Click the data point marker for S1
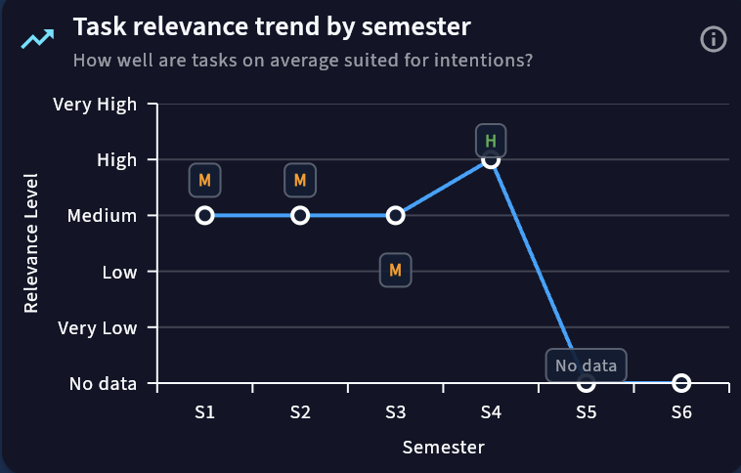[204, 215]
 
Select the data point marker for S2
[300, 215]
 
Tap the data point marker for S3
[395, 215]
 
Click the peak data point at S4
[491, 159]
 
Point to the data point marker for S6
[681, 383]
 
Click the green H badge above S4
[491, 141]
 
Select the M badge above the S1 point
[204, 181]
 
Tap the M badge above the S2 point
[300, 181]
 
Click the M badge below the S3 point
[395, 270]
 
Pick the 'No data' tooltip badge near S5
[587, 366]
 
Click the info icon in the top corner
[714, 39]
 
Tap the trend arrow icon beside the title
[38, 40]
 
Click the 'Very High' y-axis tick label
[95, 103]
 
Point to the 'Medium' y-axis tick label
[102, 215]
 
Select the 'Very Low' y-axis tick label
[97, 327]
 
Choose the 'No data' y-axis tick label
[103, 383]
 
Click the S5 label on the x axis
[587, 413]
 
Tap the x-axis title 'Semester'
[443, 448]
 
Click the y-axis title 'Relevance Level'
[31, 243]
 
